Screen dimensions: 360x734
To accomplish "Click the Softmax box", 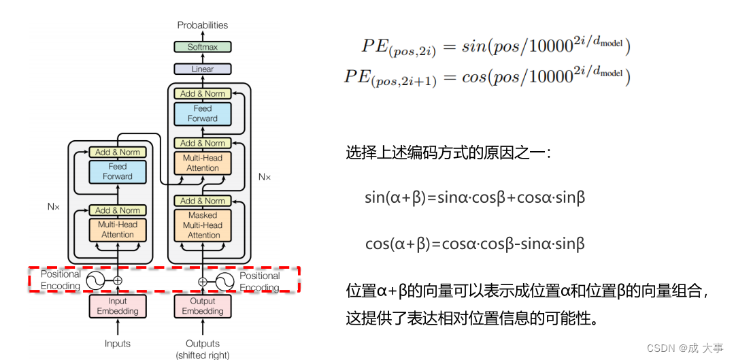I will point(202,47).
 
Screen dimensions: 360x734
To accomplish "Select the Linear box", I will point(202,69).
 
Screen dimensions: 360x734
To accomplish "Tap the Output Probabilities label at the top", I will point(202,25).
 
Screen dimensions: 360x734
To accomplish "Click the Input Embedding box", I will point(118,306).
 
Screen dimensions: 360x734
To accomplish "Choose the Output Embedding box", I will point(203,306).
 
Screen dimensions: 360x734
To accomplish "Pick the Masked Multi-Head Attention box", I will point(203,225).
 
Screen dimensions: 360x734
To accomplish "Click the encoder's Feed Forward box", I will point(118,171).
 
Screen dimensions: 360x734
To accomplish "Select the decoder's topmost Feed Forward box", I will point(203,114).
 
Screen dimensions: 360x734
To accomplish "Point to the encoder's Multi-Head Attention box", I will point(118,229).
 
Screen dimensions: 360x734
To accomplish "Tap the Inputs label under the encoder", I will point(118,344).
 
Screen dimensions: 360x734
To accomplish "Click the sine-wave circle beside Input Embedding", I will point(95,280).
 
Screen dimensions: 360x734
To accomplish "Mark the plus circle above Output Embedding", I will point(203,281).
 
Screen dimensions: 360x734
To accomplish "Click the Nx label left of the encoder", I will point(54,206).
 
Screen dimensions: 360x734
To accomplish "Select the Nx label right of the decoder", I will point(264,177).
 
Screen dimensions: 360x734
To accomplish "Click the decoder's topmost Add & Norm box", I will point(203,94).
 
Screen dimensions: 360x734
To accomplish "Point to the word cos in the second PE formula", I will point(473,77).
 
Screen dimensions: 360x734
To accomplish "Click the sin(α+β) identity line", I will point(475,198).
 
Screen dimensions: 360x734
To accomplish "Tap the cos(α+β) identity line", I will point(475,244).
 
